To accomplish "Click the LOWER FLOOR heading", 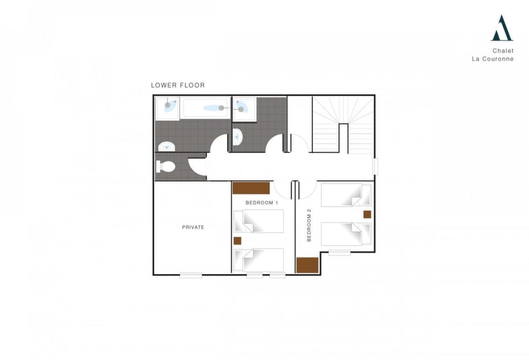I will (177, 85).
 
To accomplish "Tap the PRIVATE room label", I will (193, 227).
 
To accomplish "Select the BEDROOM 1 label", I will (262, 203).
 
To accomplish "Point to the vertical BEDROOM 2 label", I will (309, 224).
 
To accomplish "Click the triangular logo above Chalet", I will (501, 29).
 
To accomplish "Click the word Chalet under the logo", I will (503, 50).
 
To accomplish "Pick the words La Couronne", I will (493, 59).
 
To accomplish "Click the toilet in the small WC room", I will (165, 166).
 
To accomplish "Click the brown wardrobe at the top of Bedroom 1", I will (251, 188).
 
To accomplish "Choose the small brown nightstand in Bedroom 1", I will (237, 240).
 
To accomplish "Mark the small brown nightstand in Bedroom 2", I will (367, 214).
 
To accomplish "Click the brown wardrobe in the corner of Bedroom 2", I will (307, 265).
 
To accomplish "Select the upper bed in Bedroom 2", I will (346, 195).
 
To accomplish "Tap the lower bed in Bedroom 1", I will (258, 260).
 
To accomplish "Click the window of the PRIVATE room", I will (191, 275).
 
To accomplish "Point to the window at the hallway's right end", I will (375, 166).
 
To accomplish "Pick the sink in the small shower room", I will (236, 136).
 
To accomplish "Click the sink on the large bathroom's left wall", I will (166, 147).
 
